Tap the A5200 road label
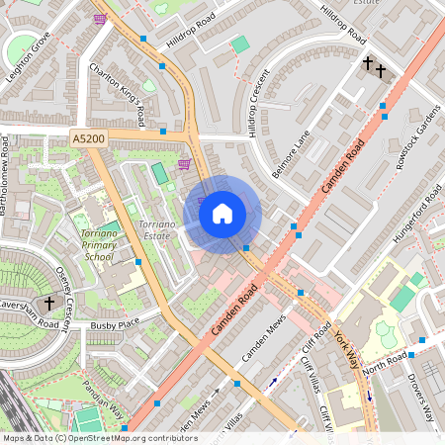pyautogui.click(x=87, y=141)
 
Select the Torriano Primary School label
pyautogui.click(x=95, y=244)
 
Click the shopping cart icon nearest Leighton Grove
pyautogui.click(x=100, y=18)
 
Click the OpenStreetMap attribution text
pyautogui.click(x=99, y=437)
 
